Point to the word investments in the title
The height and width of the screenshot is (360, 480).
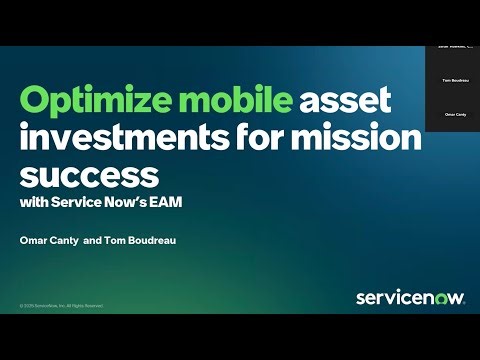[127, 139]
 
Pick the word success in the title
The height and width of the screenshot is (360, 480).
[89, 175]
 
